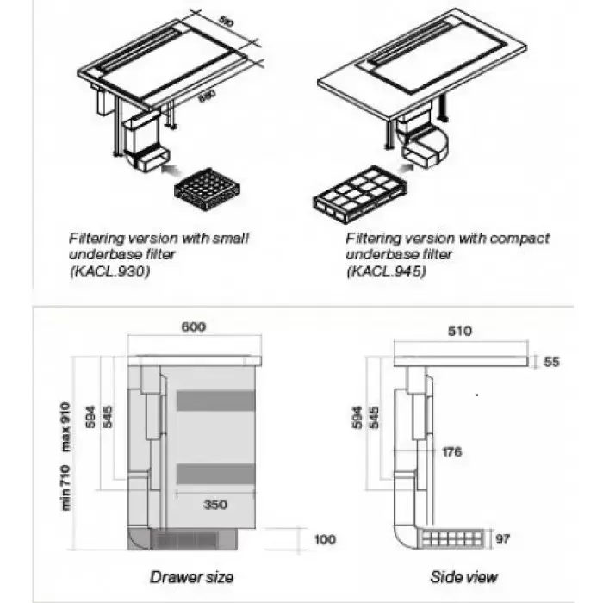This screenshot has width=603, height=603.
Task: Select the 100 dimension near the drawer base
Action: point(324,539)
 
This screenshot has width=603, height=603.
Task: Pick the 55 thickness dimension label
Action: point(551,362)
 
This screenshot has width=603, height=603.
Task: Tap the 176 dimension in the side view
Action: point(451,451)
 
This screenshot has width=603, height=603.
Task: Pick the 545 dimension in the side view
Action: point(376,419)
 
